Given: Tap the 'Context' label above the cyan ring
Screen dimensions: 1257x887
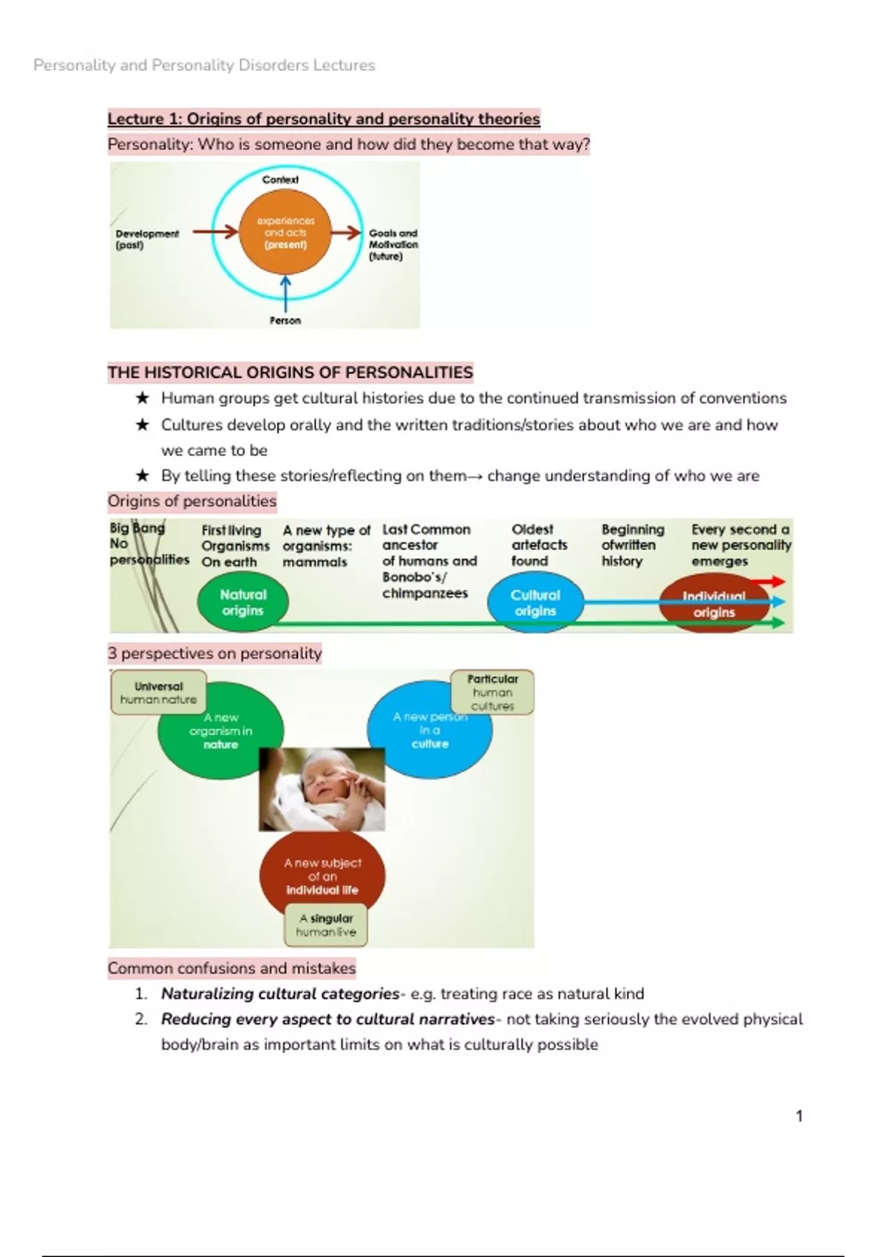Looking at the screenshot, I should (x=280, y=180).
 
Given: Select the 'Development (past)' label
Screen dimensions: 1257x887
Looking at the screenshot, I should (x=147, y=239).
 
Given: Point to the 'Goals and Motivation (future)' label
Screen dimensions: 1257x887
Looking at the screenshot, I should (x=392, y=245).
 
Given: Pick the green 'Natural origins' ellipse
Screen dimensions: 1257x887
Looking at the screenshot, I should (x=242, y=603).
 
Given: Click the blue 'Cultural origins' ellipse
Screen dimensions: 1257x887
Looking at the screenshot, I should (x=535, y=603).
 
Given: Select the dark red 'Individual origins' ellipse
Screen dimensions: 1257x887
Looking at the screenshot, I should (x=713, y=604).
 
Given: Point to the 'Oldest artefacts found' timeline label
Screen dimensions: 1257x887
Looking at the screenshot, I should (x=539, y=545).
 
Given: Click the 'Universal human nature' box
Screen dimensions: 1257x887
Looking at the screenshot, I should (x=158, y=693).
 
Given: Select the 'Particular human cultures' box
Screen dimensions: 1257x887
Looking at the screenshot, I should (x=492, y=692).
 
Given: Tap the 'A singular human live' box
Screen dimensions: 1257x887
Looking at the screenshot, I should (x=326, y=925).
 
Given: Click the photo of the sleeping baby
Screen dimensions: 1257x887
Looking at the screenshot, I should (x=322, y=789).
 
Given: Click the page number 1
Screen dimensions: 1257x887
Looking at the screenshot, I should (x=799, y=1117).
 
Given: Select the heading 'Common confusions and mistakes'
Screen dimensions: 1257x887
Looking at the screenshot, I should (x=231, y=968).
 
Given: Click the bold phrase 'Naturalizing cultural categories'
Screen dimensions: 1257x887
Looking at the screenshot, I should (x=280, y=994).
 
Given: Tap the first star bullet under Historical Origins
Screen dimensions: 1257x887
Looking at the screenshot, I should (x=143, y=399).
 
